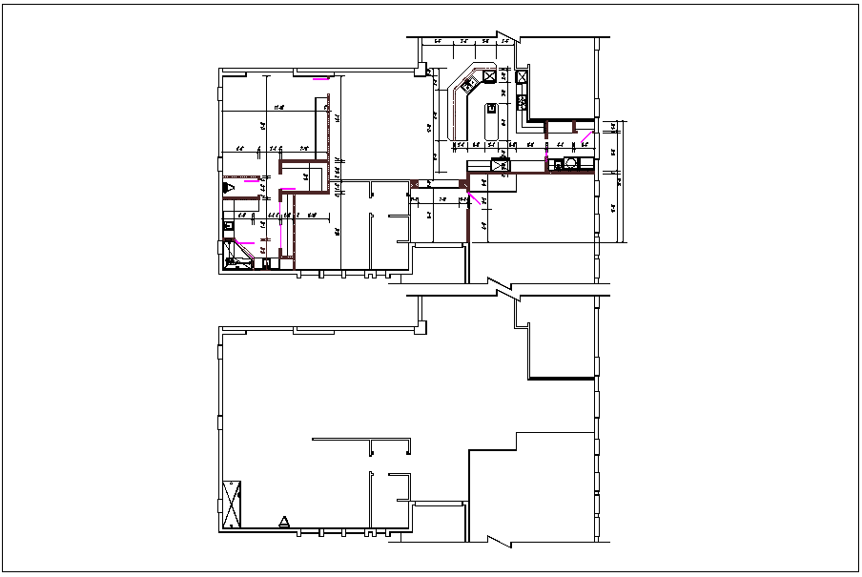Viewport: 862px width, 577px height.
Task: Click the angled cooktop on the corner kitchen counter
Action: [468, 85]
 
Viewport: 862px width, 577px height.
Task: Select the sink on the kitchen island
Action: [492, 108]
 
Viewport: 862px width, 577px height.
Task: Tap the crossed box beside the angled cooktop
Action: [489, 76]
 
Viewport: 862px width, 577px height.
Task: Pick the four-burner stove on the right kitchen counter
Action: [522, 76]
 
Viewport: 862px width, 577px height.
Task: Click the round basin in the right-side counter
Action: [570, 163]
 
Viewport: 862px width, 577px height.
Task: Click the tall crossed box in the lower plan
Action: [232, 505]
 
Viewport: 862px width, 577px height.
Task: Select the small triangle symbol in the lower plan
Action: [284, 521]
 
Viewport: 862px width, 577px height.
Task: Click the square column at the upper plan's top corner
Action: [421, 69]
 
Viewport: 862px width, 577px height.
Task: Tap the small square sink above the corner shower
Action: [228, 226]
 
